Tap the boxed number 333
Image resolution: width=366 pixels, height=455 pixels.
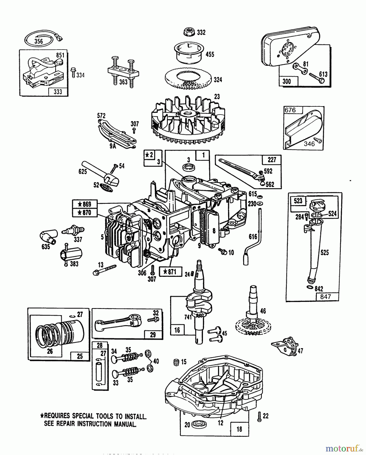point(58,92)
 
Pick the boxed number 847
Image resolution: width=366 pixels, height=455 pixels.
point(325,297)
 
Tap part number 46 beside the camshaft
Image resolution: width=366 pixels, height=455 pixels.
point(263,311)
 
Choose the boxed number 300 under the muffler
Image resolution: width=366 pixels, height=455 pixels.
point(286,81)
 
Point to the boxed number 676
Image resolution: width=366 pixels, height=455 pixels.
point(290,110)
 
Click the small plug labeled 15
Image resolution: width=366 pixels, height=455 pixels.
point(176,362)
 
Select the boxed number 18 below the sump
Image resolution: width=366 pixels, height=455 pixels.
point(239,429)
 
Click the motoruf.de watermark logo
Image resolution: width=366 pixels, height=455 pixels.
point(345,448)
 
